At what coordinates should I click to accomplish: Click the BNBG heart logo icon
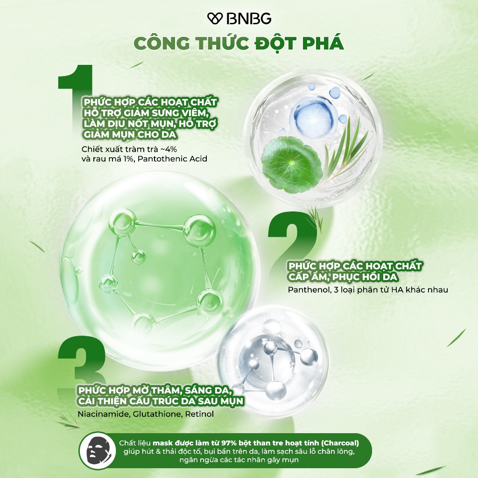tap(215, 18)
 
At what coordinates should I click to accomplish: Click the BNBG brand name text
tap(249, 19)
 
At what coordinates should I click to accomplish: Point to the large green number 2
tap(293, 238)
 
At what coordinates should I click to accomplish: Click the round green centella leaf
tap(292, 164)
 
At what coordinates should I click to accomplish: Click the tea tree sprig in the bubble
tap(347, 149)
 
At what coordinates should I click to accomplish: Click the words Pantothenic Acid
tap(172, 159)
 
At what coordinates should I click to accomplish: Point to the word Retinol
tap(199, 414)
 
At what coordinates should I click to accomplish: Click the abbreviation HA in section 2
tap(397, 289)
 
